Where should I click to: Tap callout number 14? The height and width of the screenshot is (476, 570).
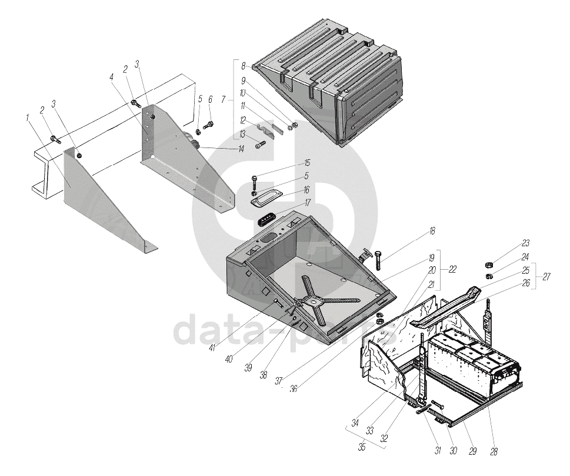241,149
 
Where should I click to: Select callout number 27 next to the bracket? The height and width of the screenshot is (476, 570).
546,276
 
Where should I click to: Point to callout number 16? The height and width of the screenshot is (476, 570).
306,190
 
